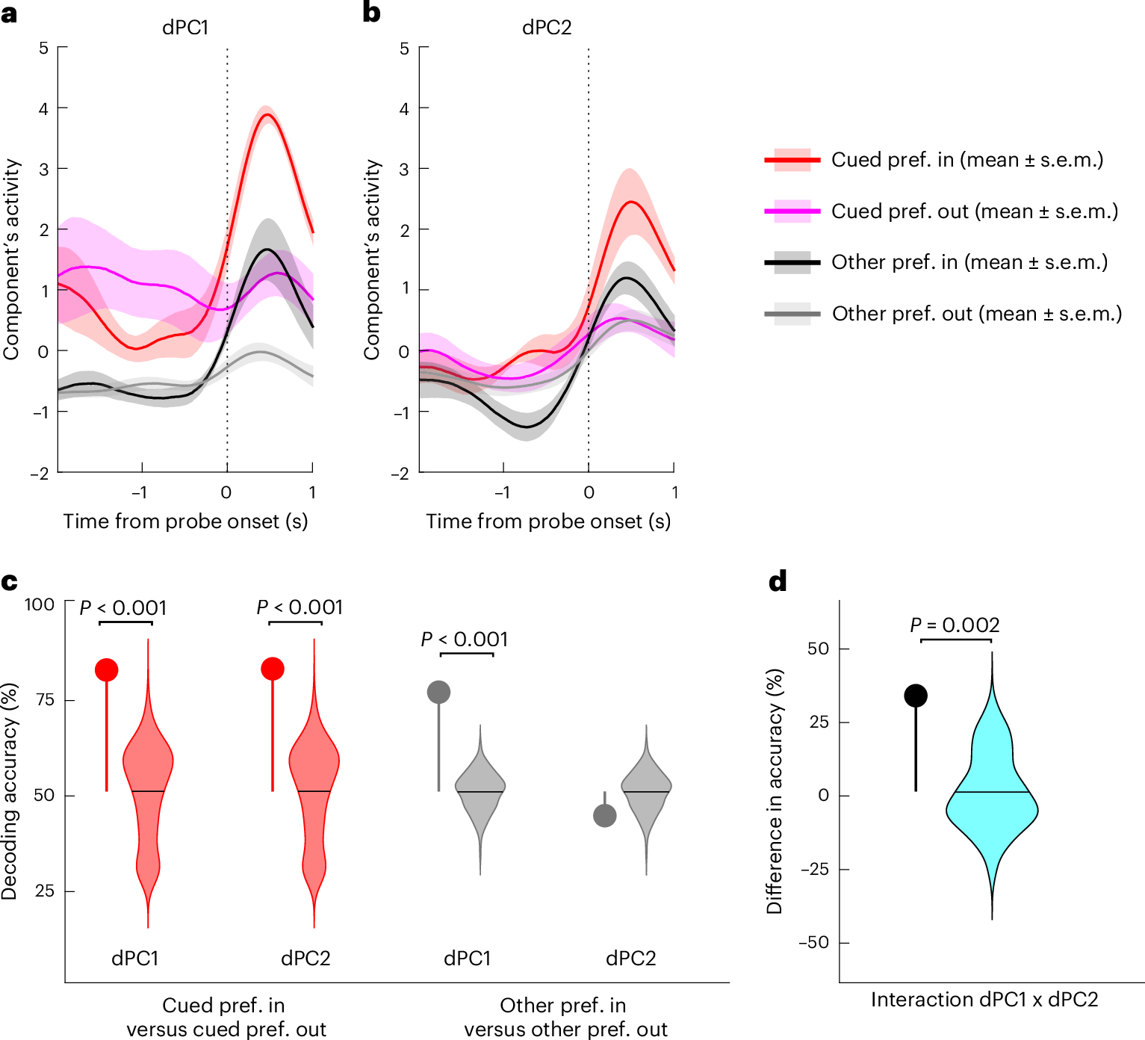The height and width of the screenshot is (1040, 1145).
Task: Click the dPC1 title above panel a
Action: click(x=185, y=28)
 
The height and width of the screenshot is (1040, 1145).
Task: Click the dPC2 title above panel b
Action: click(x=546, y=28)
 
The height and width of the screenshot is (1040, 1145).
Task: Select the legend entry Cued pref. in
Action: click(x=966, y=160)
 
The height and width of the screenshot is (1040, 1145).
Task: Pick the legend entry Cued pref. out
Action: click(x=974, y=211)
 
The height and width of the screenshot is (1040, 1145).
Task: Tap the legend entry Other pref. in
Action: click(x=969, y=262)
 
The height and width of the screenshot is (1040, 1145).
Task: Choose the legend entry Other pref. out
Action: click(x=976, y=314)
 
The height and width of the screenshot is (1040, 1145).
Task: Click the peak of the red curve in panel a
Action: click(x=267, y=114)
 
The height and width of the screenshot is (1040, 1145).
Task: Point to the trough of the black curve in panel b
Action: click(x=527, y=427)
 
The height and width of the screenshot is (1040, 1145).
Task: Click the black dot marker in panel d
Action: click(x=916, y=696)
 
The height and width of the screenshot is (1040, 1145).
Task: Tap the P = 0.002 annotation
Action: click(x=955, y=625)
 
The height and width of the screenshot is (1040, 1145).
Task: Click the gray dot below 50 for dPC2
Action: click(x=604, y=815)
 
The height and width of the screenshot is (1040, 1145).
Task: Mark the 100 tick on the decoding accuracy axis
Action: click(x=40, y=604)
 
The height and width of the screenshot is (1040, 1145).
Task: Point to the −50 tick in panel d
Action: click(x=813, y=943)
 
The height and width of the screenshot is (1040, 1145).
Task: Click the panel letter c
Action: click(x=10, y=581)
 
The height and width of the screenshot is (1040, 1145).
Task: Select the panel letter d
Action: click(x=778, y=581)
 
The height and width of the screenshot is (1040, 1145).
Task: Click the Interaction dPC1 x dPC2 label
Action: click(x=984, y=1000)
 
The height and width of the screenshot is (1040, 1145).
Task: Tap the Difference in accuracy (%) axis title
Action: click(x=775, y=791)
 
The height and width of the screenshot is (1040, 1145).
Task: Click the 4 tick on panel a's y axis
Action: click(x=43, y=109)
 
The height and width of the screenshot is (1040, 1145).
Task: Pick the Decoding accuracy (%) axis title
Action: click(x=9, y=791)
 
